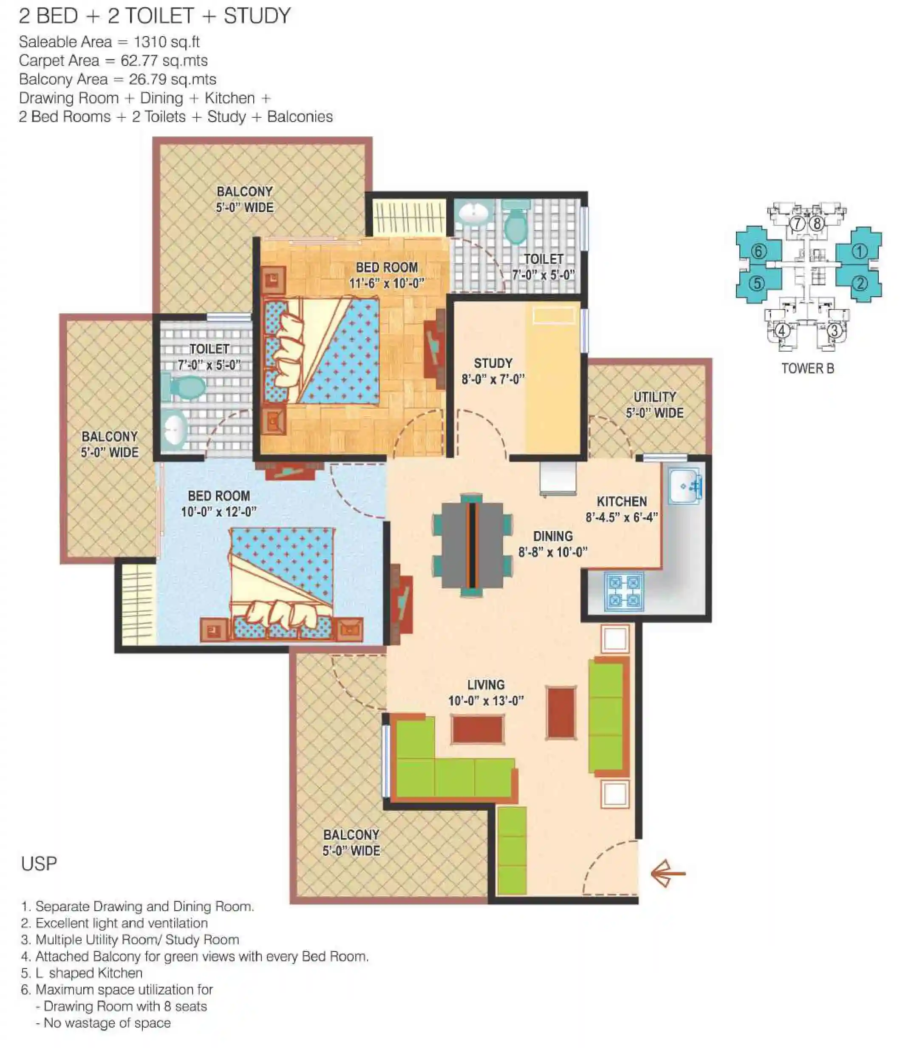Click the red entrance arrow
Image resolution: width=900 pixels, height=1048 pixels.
coord(668,874)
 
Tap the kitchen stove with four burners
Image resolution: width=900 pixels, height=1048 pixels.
coord(624,591)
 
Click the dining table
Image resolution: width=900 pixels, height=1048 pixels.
coord(472,545)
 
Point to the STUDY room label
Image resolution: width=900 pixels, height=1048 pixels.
coord(493,363)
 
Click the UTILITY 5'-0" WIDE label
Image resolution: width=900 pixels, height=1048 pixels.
coord(655,405)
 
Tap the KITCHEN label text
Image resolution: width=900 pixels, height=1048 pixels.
coord(621,501)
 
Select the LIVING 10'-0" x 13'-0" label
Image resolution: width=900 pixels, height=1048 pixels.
coord(486,693)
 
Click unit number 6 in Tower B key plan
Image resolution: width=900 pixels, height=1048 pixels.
coord(758,251)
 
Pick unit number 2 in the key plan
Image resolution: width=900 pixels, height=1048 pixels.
coord(860,283)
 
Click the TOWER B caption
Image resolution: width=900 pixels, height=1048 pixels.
coord(807,369)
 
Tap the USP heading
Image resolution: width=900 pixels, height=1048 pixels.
coord(39,864)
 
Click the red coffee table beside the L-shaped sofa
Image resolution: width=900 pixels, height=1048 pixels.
coord(478,729)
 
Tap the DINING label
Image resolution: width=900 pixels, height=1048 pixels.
coord(553,536)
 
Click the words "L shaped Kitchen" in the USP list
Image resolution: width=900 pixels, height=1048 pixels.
coord(89,973)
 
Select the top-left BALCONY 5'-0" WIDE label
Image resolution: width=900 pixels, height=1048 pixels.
coord(245,199)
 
